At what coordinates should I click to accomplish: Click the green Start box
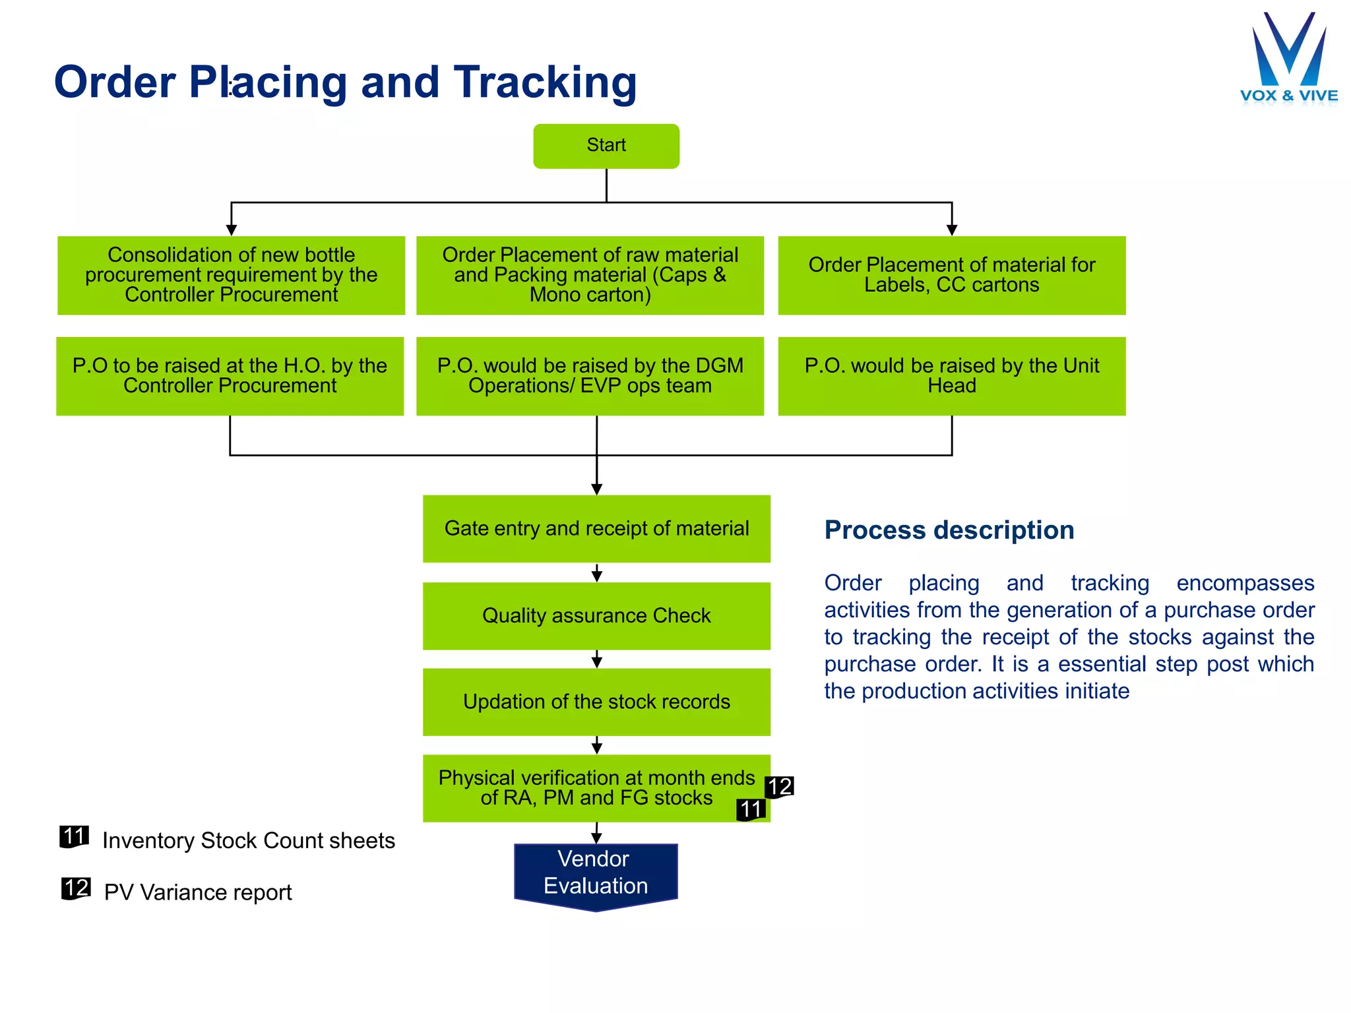point(606,146)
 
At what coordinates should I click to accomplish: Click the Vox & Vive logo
point(1288,59)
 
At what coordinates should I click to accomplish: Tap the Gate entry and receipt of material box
point(596,528)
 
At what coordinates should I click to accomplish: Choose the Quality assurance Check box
point(596,615)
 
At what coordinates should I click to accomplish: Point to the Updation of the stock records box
point(596,702)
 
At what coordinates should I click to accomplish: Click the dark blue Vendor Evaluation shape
point(596,873)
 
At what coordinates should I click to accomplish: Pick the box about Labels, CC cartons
point(951,275)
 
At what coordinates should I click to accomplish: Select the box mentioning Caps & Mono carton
point(590,275)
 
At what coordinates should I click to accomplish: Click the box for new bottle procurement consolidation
point(231,275)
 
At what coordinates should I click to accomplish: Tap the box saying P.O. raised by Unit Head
point(951,376)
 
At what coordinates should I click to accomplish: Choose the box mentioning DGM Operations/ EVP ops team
point(590,376)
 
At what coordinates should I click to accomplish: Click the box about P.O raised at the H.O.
point(230,376)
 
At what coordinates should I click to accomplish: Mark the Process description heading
point(949,530)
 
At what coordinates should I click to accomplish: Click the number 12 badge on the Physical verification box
point(779,787)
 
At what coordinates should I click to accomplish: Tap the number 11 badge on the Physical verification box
point(751,809)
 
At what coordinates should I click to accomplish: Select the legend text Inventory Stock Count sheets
point(248,841)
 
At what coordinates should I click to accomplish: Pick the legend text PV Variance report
point(197,892)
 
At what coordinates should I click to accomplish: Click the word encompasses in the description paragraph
point(1245,583)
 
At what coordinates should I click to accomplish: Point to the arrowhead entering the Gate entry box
point(596,489)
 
